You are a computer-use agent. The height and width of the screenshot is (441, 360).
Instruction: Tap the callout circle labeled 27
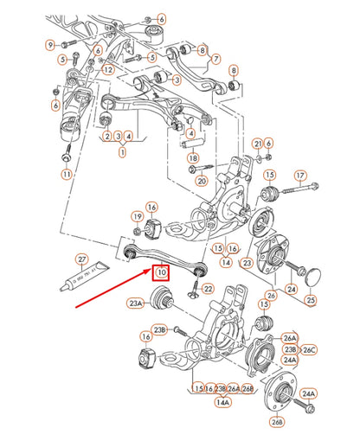coord(82,259)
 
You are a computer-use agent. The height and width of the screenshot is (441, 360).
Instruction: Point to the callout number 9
coord(50,45)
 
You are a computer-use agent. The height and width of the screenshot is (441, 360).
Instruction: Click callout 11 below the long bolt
coord(67,174)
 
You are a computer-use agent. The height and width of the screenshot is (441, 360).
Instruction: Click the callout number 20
coord(202,181)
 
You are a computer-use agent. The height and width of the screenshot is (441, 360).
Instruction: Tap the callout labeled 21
coord(257,143)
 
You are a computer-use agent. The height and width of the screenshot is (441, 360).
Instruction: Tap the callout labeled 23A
coord(136,304)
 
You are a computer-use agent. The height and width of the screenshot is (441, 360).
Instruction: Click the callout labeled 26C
coord(311,349)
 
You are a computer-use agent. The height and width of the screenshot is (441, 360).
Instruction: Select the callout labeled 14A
coord(223,402)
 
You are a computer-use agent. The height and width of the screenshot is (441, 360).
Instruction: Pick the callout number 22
coord(208,288)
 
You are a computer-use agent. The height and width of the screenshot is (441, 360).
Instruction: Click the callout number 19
coord(137,215)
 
